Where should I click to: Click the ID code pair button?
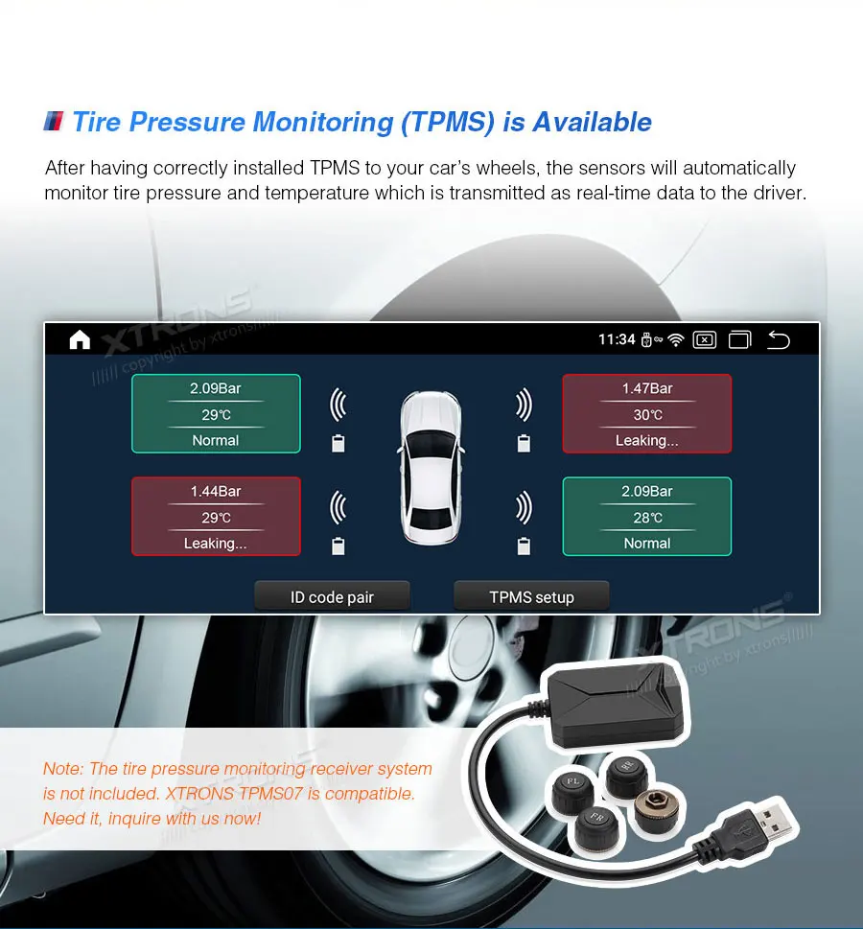coord(332,597)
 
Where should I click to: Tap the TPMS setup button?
coord(531,597)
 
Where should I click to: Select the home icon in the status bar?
coord(80,339)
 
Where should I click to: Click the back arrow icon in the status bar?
coord(779,339)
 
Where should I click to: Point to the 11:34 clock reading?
coord(617,339)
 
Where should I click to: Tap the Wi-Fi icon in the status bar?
coord(676,339)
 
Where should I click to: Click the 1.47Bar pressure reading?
coord(647,388)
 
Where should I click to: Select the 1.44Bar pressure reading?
coord(216,491)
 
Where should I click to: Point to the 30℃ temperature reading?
coord(647,415)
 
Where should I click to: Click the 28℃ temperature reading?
coord(647,518)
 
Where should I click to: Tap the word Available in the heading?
coord(592,123)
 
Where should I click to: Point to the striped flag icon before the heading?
coord(54,122)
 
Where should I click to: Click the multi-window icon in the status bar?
coord(739,339)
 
